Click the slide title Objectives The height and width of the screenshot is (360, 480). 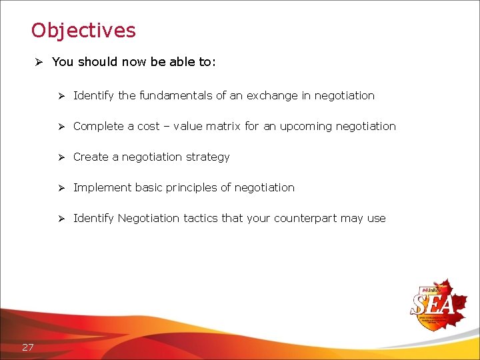pos(83,31)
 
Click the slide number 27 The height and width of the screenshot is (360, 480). pos(28,347)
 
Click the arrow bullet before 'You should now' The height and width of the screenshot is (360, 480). pos(39,62)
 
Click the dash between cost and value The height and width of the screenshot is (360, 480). pos(166,127)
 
